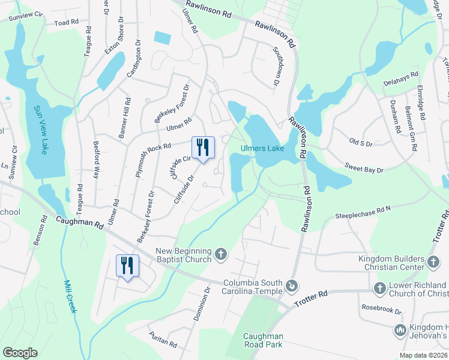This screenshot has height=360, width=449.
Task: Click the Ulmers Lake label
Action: tap(262, 148)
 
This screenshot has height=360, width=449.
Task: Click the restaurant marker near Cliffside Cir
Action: tap(202, 147)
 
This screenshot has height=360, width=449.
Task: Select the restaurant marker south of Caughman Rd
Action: tap(127, 264)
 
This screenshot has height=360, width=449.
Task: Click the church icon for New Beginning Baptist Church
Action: tap(221, 255)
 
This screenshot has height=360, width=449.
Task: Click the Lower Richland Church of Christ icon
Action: tap(379, 289)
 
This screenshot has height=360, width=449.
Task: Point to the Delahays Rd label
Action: tap(400, 78)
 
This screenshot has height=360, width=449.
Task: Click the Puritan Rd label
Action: tap(163, 340)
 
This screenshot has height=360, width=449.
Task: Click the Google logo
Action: tap(20, 352)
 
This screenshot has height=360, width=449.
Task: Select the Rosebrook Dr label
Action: tap(381, 310)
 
